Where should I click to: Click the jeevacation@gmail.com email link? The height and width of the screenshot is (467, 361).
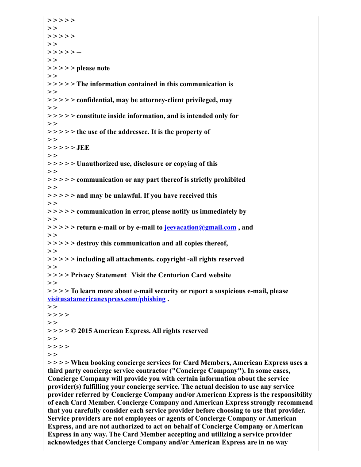(x=200, y=227)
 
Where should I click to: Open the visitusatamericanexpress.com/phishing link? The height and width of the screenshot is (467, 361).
(x=106, y=299)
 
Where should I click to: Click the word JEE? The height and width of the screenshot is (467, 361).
(x=83, y=148)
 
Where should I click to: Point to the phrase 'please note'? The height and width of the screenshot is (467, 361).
(x=93, y=68)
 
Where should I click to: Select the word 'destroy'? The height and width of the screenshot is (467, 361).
(x=88, y=243)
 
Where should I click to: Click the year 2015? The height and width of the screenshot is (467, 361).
(x=85, y=331)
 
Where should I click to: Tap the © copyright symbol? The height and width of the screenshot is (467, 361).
(x=74, y=331)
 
